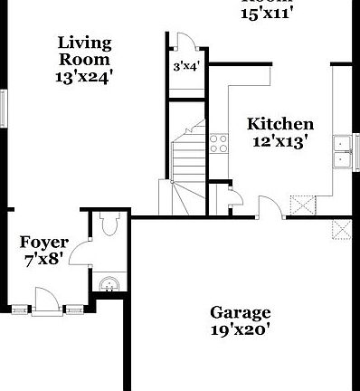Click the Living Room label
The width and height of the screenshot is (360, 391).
pyautogui.click(x=85, y=51)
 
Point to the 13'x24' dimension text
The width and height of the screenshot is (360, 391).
pyautogui.click(x=85, y=77)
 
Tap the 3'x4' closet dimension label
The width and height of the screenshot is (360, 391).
pyautogui.click(x=185, y=66)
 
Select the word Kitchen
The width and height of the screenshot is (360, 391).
pyautogui.click(x=280, y=124)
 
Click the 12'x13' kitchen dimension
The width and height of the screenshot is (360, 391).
pyautogui.click(x=280, y=141)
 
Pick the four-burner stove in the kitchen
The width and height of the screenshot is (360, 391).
pyautogui.click(x=218, y=142)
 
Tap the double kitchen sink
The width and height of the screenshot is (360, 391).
pyautogui.click(x=344, y=152)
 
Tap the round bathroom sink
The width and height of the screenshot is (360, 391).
pyautogui.click(x=109, y=284)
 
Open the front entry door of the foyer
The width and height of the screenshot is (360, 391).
pyautogui.click(x=44, y=300)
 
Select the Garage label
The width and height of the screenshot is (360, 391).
pyautogui.click(x=240, y=313)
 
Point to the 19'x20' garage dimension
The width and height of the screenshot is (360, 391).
pyautogui.click(x=240, y=330)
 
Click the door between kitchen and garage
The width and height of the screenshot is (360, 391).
pyautogui.click(x=269, y=208)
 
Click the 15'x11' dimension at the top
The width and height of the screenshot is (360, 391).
pyautogui.click(x=269, y=13)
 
